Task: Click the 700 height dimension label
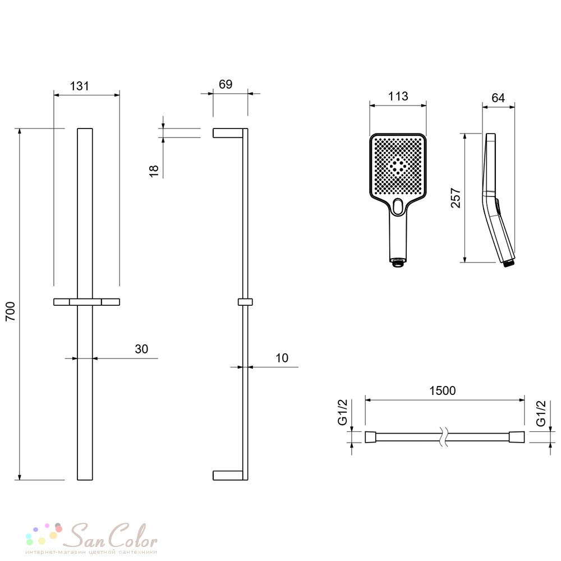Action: [11, 311]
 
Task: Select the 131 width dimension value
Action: [80, 86]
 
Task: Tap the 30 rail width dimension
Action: [141, 349]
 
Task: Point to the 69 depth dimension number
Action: [226, 84]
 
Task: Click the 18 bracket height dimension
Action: [154, 171]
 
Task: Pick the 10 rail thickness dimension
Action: [282, 358]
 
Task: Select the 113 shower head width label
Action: [398, 96]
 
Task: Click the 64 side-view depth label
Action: [498, 98]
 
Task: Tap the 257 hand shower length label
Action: [456, 197]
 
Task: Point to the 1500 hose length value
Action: [443, 390]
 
